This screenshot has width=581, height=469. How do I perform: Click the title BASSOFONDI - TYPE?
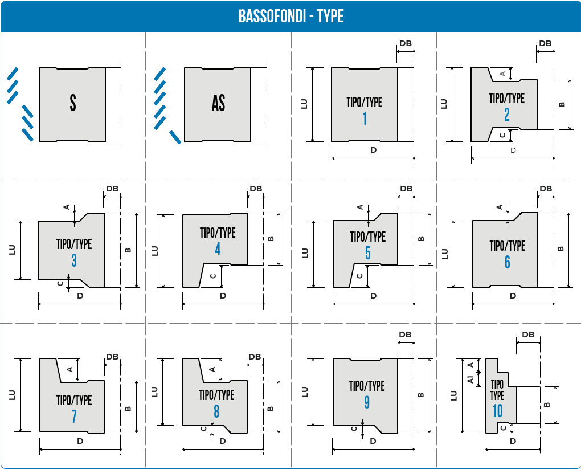point(291,16)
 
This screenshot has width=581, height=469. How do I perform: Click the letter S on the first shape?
point(73,103)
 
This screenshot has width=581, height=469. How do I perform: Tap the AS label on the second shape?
point(218,103)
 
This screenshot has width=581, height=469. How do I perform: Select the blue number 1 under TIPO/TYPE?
point(365,119)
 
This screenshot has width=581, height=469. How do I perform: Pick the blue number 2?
point(507,115)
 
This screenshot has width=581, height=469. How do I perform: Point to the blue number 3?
point(74,260)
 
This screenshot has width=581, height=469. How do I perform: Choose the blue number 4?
point(218,249)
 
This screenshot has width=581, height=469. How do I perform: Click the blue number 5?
point(367,253)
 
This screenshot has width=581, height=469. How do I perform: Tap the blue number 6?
point(508,262)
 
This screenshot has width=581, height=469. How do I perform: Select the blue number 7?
point(74,417)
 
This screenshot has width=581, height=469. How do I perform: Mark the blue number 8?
point(216,411)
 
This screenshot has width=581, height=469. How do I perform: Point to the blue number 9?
point(367,402)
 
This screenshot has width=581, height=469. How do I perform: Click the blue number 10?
point(498,411)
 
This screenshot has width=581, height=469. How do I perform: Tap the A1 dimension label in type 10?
point(470,380)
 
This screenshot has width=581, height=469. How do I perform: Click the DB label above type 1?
point(406,43)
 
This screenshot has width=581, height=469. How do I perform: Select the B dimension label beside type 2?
point(562,104)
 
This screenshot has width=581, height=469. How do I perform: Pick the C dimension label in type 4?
point(213,276)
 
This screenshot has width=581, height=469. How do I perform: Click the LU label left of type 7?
point(12,395)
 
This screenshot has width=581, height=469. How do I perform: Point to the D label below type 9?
point(373,441)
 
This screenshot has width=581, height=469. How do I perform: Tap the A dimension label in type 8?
point(212,369)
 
